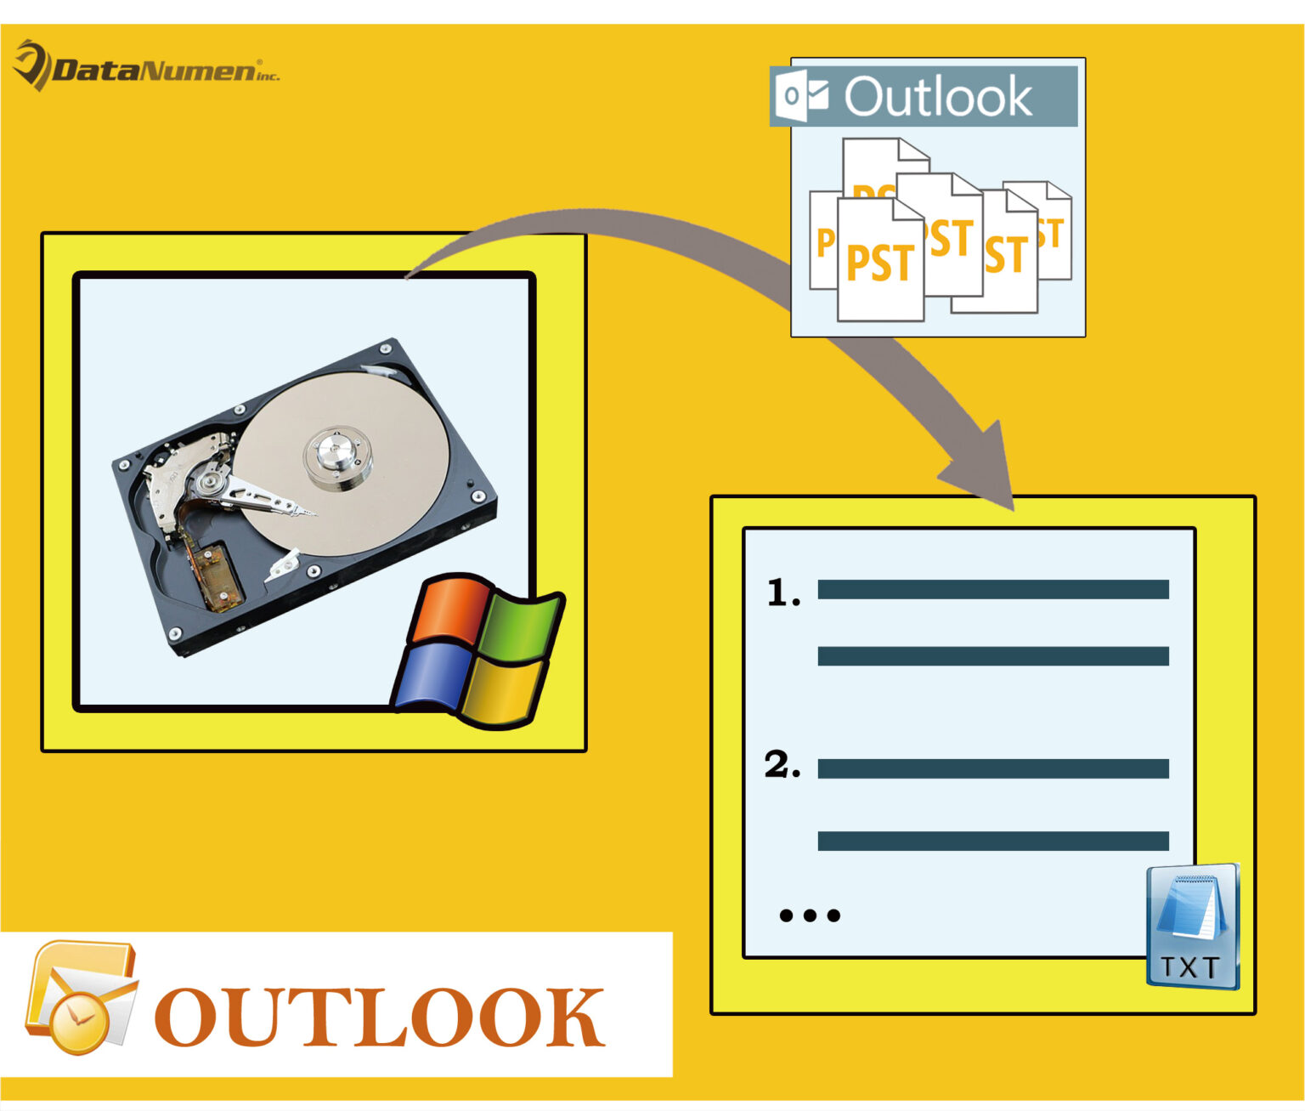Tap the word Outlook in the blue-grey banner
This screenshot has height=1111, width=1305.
[x=938, y=96]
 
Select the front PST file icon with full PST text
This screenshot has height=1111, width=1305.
[x=880, y=262]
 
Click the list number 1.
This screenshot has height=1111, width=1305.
[x=782, y=592]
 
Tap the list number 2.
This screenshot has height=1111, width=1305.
[x=782, y=765]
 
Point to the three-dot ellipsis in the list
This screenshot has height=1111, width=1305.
[x=809, y=915]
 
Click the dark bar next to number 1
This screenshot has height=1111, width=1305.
[x=992, y=590]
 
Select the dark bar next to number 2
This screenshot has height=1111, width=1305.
[x=992, y=768]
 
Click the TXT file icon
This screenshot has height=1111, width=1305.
[x=1191, y=927]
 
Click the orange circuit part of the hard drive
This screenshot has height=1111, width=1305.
[x=218, y=575]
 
